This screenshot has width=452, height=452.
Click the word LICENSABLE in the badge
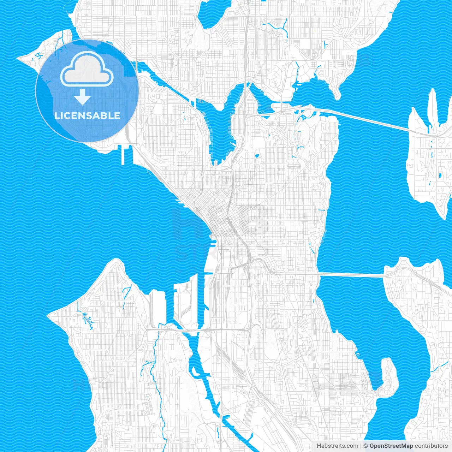tap(87, 115)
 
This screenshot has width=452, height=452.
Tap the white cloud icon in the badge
tap(87, 70)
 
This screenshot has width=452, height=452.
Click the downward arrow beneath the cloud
tap(83, 97)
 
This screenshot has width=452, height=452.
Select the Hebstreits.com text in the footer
tap(337, 446)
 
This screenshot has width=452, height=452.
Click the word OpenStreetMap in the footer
tap(391, 446)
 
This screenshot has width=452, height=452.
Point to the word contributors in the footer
tap(431, 446)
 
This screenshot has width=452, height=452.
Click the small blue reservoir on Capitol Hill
tap(257, 155)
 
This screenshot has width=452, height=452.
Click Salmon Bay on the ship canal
tap(152, 72)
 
